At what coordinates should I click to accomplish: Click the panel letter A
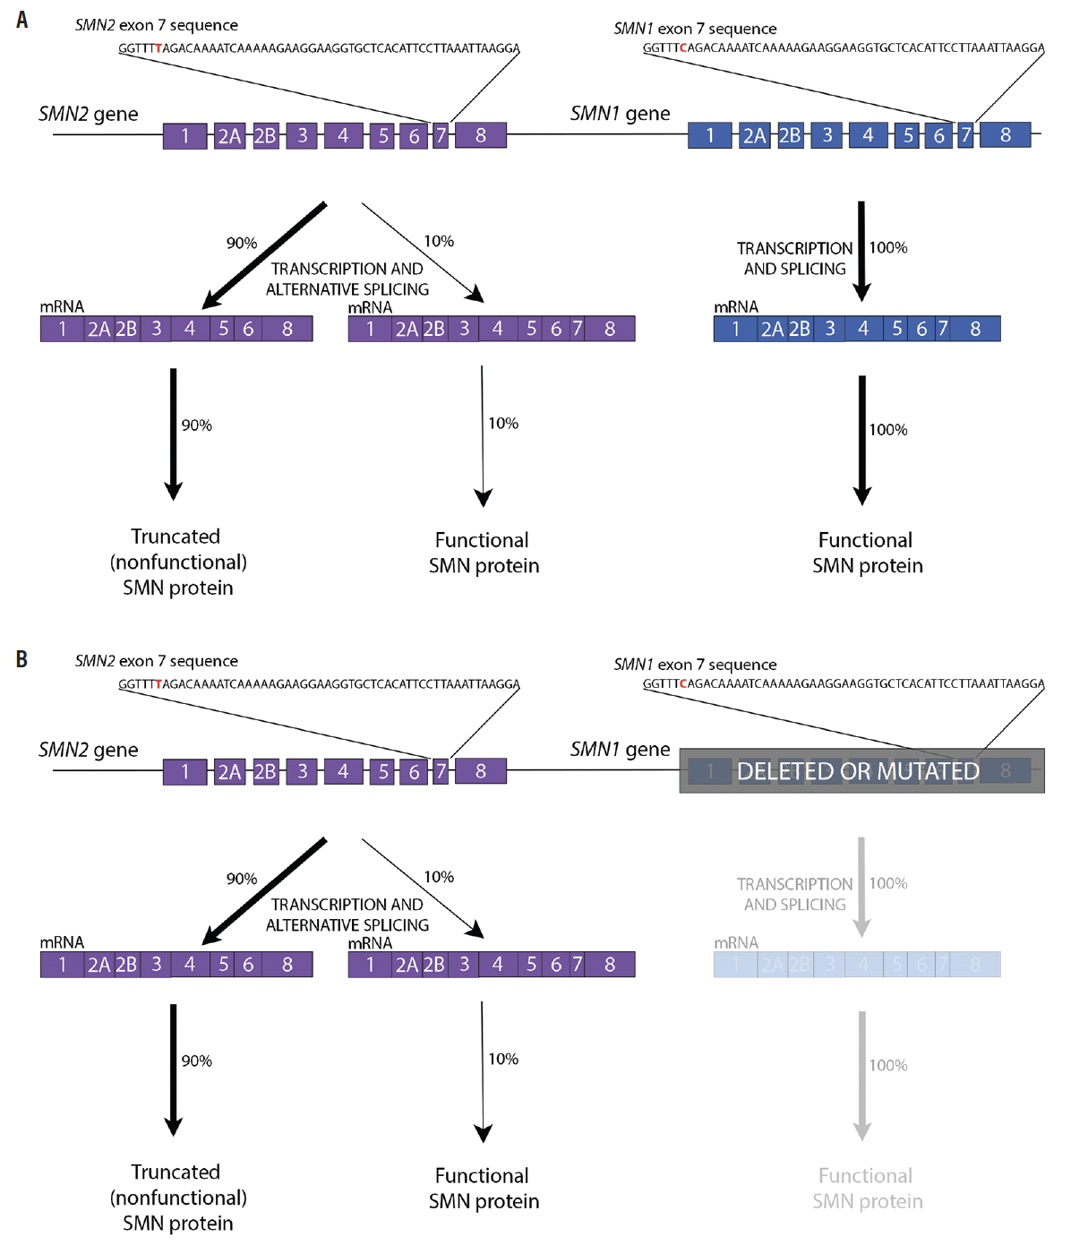click(x=22, y=20)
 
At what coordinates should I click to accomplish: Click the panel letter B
click(x=22, y=659)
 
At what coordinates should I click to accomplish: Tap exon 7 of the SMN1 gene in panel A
click(x=965, y=135)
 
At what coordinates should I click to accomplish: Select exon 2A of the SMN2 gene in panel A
click(x=229, y=136)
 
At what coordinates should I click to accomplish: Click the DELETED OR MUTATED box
click(x=861, y=770)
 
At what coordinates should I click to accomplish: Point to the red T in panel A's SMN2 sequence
click(x=159, y=48)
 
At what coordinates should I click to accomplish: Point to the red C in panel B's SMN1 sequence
click(x=683, y=683)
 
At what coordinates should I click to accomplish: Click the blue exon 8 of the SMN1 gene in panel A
click(x=1005, y=135)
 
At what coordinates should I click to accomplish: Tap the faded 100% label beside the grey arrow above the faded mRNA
click(x=888, y=883)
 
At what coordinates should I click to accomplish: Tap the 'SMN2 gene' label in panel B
click(x=89, y=750)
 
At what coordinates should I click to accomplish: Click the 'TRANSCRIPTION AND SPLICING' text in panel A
click(x=794, y=258)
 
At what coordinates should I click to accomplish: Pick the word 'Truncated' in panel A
click(x=176, y=537)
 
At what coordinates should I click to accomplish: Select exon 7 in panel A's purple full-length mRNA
click(x=578, y=329)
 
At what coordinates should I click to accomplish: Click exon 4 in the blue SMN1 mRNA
click(x=863, y=329)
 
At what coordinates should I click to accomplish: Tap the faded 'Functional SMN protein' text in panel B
click(x=866, y=1188)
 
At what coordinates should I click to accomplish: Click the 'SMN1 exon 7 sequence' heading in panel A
click(x=695, y=29)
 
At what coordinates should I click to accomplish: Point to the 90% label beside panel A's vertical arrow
click(x=197, y=425)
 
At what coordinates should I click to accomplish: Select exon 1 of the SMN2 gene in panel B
click(x=185, y=771)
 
